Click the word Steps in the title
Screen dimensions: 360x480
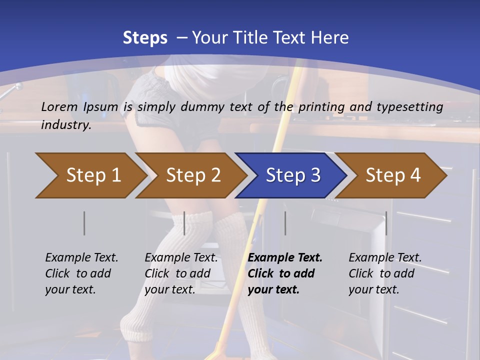pos(145,38)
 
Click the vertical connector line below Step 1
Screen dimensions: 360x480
pos(84,223)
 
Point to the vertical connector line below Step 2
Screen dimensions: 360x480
pos(184,223)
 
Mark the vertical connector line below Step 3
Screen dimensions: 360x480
pos(285,223)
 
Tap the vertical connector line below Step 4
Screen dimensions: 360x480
pos(386,223)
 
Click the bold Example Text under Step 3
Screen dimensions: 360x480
pos(285,258)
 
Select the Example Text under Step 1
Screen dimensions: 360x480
pos(81,258)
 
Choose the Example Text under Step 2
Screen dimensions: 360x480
pos(181,258)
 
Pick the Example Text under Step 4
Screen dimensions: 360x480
pos(385,258)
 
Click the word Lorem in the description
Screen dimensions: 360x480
pos(59,107)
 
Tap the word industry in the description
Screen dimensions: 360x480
pos(66,125)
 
